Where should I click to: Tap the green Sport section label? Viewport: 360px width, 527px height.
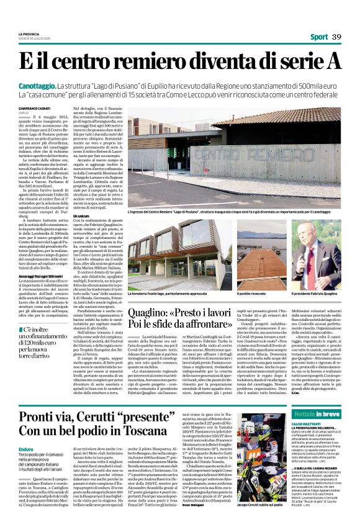319,37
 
